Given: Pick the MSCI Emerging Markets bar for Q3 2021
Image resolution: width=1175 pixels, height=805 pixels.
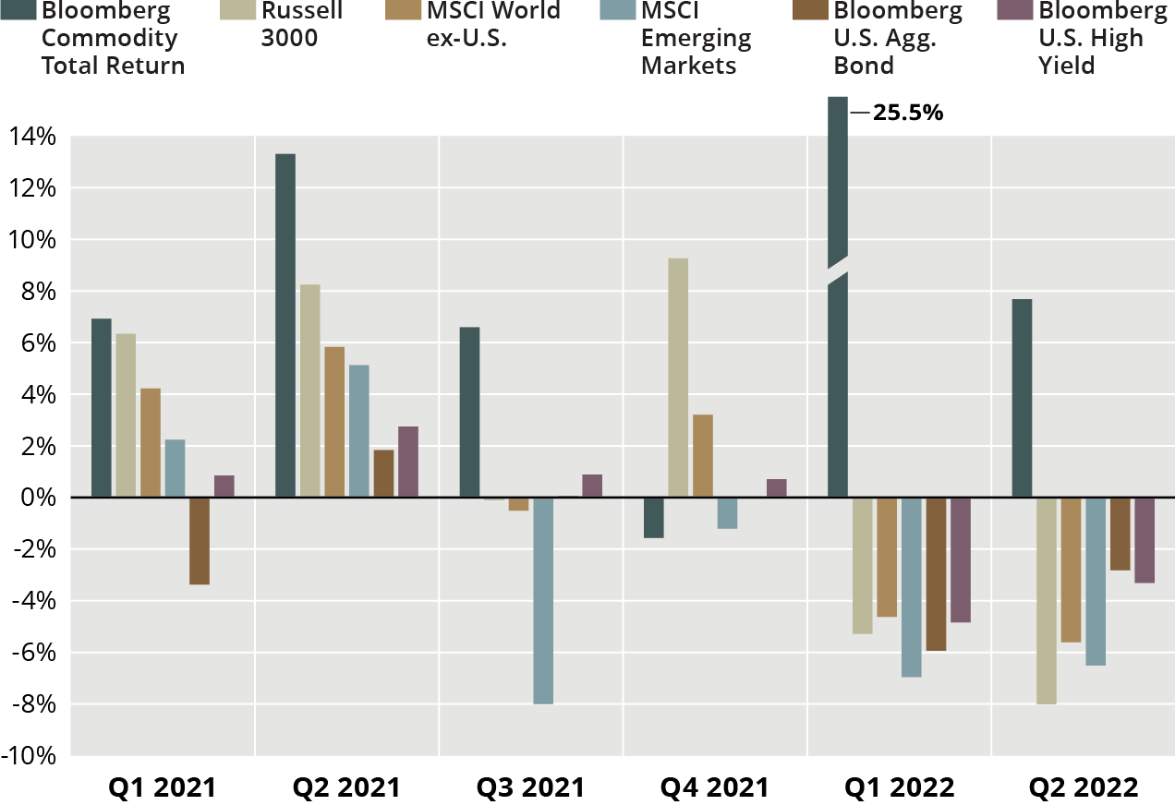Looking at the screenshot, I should coord(543,601).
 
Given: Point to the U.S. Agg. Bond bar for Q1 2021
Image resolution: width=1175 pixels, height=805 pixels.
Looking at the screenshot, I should coord(199,541).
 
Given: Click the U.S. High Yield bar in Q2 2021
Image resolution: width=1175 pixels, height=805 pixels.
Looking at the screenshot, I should coord(407,462).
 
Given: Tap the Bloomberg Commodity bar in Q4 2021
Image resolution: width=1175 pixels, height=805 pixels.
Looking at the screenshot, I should coord(653,518).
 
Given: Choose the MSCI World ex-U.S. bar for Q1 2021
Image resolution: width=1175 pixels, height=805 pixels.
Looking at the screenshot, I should coord(150,443).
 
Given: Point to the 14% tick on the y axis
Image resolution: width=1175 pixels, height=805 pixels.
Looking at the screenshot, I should coord(33,137).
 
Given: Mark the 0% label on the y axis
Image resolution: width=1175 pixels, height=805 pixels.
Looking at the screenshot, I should coord(40,498).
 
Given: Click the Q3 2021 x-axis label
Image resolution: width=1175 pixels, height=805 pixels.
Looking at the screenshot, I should coord(530,787).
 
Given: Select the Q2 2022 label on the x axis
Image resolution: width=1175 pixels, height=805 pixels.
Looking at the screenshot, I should coord(1084,787).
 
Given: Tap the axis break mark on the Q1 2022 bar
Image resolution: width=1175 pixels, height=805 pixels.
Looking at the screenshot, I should coord(837,270).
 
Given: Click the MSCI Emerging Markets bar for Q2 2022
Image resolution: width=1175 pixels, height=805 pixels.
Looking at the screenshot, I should coord(1096,582).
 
